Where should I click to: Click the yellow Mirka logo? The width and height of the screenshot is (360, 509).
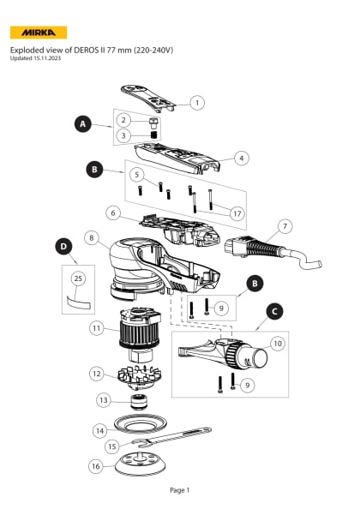38,33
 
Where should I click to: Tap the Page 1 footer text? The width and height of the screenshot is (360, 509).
179,489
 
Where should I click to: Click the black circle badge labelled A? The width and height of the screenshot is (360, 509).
82,123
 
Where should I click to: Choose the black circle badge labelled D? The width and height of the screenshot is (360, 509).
64,247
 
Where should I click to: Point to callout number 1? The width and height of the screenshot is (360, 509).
197,103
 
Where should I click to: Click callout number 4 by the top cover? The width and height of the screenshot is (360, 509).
243,158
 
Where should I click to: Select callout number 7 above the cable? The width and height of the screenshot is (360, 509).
285,226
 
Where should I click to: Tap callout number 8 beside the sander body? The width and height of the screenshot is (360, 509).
93,237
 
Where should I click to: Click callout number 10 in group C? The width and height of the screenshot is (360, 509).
277,343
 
